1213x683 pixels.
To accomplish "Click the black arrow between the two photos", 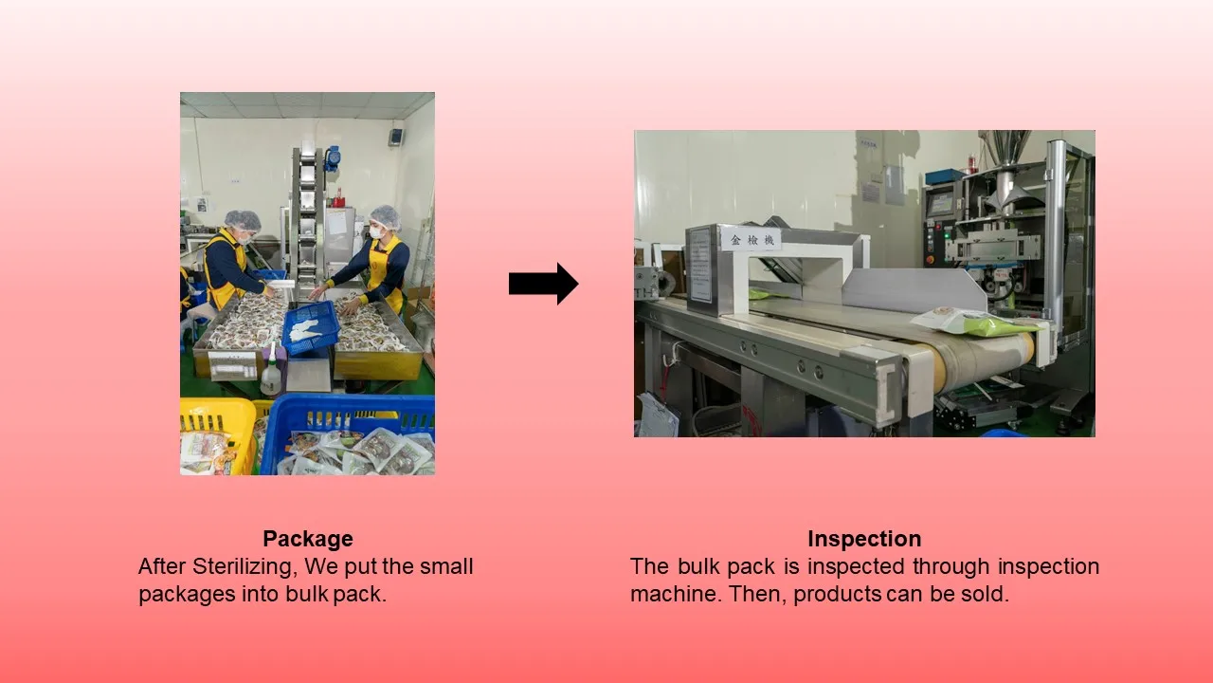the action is (543, 284).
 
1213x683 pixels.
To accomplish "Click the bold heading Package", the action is (308, 539).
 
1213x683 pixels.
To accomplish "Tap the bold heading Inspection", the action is (864, 539).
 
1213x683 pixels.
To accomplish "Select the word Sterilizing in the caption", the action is (244, 567).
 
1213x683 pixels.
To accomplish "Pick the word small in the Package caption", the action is (446, 566).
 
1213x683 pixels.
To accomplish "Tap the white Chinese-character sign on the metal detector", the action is (751, 240).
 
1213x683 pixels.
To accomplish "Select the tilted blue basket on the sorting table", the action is (311, 327).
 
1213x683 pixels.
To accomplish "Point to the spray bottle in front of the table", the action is (271, 371).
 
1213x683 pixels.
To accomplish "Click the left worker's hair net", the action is (243, 219).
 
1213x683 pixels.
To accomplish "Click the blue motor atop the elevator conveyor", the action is (332, 157).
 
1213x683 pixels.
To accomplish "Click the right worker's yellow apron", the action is (386, 273).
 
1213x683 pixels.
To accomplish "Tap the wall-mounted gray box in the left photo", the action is (396, 136).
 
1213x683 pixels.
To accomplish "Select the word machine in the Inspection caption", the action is (672, 594).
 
